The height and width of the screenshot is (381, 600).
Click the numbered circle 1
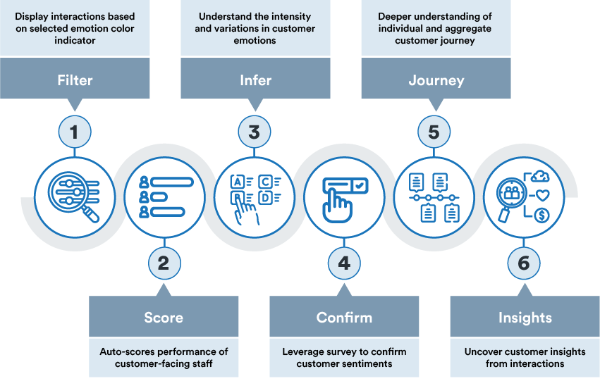tap(75, 132)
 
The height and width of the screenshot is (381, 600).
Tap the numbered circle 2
tap(164, 263)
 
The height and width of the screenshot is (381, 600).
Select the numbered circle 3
tap(255, 132)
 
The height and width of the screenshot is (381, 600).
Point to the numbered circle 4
tap(344, 263)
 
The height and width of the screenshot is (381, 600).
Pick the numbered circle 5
tap(434, 132)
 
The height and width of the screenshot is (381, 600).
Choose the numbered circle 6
tap(524, 263)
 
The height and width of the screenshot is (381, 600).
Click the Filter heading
tap(75, 80)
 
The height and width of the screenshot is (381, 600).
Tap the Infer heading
tap(256, 80)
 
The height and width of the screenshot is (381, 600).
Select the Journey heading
tap(436, 80)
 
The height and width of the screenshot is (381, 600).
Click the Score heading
tap(164, 318)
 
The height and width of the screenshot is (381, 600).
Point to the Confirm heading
tap(344, 318)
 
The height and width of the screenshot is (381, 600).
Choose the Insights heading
tap(525, 318)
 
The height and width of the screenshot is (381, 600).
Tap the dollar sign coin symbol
tap(541, 215)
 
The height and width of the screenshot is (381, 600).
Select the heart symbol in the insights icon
tap(543, 195)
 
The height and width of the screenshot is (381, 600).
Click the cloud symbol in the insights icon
tap(540, 176)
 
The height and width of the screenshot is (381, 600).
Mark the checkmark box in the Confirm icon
tap(360, 186)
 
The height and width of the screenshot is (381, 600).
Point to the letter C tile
tap(265, 182)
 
